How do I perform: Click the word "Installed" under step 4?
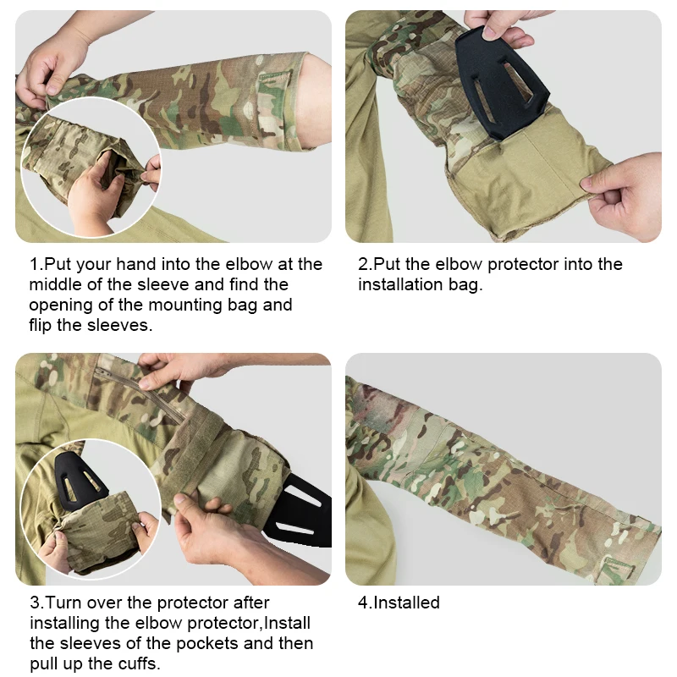(x=406, y=603)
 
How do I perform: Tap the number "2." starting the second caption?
(x=366, y=264)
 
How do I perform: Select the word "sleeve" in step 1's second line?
(x=163, y=285)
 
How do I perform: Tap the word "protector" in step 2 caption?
(x=522, y=265)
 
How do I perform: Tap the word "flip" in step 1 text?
(x=40, y=326)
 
